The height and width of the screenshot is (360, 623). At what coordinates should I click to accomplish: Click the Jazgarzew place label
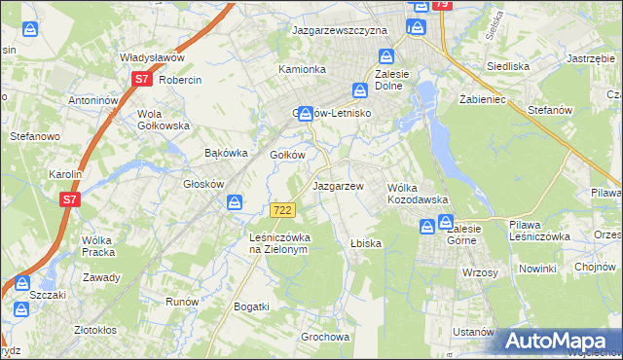point(338,186)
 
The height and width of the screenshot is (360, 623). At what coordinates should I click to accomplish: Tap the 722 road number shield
point(282,210)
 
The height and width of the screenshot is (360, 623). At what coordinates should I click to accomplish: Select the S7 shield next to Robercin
point(142,80)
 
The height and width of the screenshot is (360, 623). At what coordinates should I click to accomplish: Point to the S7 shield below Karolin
point(69,199)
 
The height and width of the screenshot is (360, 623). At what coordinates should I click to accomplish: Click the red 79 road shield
point(442,5)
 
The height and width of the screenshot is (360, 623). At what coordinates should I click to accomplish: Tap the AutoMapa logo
point(561,341)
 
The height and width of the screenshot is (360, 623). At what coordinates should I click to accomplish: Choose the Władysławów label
point(152,58)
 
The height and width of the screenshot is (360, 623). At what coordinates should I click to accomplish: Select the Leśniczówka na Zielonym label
point(278,242)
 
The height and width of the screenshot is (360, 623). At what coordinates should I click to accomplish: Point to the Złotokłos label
point(101,330)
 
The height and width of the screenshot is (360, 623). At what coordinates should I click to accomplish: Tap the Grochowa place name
point(325,338)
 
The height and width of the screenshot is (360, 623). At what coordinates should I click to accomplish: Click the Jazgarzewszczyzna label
point(340,31)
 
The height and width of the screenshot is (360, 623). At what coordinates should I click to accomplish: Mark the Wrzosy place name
point(480,272)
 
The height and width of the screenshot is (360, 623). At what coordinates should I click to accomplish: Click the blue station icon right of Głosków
point(236,202)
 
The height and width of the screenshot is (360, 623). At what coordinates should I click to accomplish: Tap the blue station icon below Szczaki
point(20,310)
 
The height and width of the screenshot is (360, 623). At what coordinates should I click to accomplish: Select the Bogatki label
point(251,306)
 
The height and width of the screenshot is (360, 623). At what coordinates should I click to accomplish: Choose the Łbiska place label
point(363,243)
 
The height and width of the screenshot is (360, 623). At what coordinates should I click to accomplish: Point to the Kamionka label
point(302,70)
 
